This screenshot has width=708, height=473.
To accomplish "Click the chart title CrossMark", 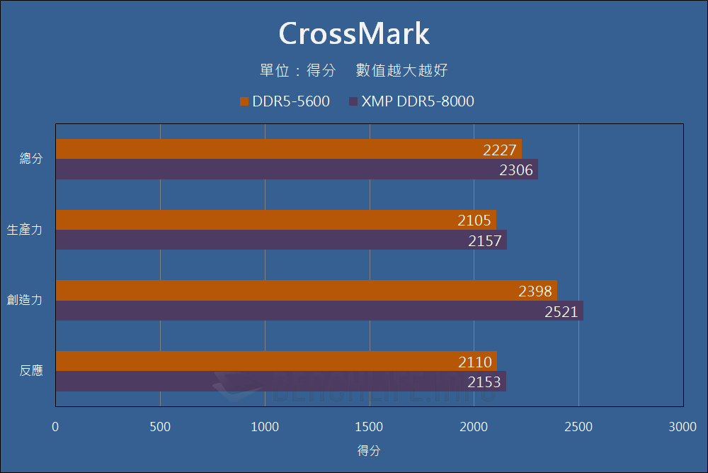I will (x=354, y=33).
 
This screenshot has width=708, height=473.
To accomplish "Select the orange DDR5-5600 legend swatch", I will (x=244, y=101).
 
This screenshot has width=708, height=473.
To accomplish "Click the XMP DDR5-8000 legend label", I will (x=418, y=101).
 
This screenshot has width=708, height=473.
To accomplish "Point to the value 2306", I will (x=517, y=170).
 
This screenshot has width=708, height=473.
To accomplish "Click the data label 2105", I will (x=474, y=221).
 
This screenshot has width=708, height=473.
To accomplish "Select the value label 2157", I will (x=485, y=241).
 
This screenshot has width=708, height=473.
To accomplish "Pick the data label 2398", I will (x=535, y=291).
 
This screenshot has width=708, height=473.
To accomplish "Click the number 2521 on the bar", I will (x=561, y=311).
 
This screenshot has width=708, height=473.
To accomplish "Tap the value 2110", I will (x=475, y=362).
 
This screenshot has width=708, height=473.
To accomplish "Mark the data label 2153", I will (x=484, y=382).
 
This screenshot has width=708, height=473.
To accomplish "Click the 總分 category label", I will (x=31, y=159).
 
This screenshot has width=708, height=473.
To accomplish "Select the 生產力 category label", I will (x=25, y=230).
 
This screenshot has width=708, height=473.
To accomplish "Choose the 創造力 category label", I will (x=25, y=300).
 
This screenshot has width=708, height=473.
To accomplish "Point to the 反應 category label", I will (x=31, y=370).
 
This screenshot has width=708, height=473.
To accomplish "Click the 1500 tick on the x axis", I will (x=370, y=427).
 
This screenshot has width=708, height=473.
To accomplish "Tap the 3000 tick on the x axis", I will (x=683, y=427).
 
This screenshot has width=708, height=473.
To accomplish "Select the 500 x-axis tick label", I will (x=160, y=427).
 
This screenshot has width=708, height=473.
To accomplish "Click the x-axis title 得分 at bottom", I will (x=369, y=450).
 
